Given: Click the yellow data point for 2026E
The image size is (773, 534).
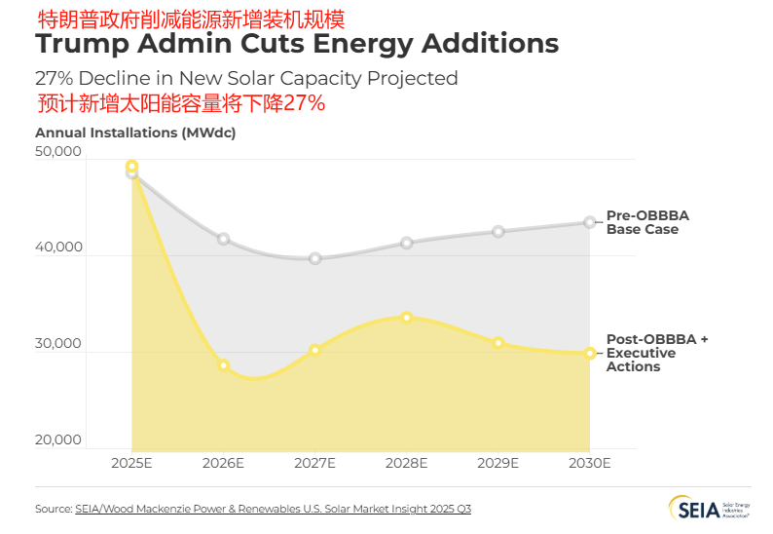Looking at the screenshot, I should click(223, 365).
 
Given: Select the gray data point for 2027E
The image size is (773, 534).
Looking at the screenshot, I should click(315, 258).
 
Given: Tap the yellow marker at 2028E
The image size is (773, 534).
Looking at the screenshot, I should click(407, 318).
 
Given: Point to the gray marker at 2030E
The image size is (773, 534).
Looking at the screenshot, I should click(590, 222).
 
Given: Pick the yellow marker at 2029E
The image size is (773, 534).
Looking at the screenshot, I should click(498, 343).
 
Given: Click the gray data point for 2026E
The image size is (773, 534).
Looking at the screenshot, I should click(223, 239).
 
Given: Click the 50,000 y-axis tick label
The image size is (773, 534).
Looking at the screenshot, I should click(58, 152).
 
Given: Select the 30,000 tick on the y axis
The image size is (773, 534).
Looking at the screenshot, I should click(58, 344).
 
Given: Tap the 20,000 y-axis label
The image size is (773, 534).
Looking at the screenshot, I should click(58, 439).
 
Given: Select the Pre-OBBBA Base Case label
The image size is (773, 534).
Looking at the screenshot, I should click(647, 222).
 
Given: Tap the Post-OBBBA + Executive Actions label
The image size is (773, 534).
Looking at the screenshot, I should click(656, 353).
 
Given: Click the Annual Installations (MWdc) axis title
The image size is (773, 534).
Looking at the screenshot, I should click(135, 132).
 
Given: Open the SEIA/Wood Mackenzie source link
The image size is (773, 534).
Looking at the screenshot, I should click(273, 509).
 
